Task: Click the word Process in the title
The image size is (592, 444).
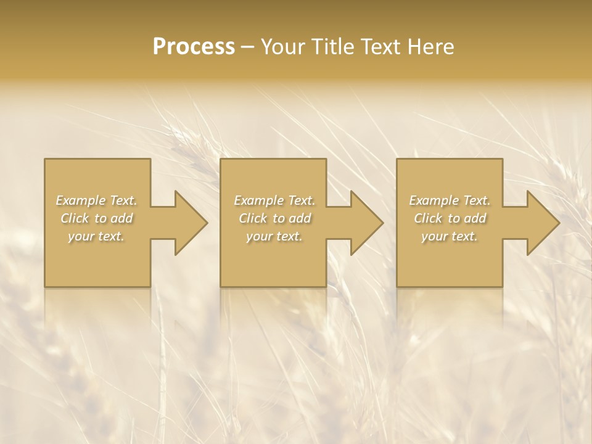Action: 194,47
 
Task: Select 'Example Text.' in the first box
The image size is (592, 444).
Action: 96,200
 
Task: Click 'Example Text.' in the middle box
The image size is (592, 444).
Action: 274,200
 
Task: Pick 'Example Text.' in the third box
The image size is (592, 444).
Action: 450,200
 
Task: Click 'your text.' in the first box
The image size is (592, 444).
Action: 96,236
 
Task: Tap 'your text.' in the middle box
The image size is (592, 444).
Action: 274,236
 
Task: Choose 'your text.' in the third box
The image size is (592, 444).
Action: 450,236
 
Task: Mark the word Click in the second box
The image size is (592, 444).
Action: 252,218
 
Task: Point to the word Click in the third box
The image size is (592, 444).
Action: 428,218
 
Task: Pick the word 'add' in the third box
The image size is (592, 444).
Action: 474,218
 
